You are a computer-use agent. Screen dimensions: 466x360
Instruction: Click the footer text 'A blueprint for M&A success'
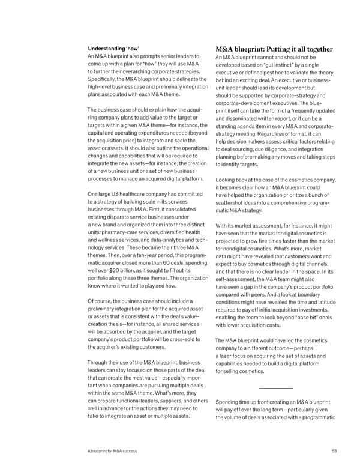[112, 451]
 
